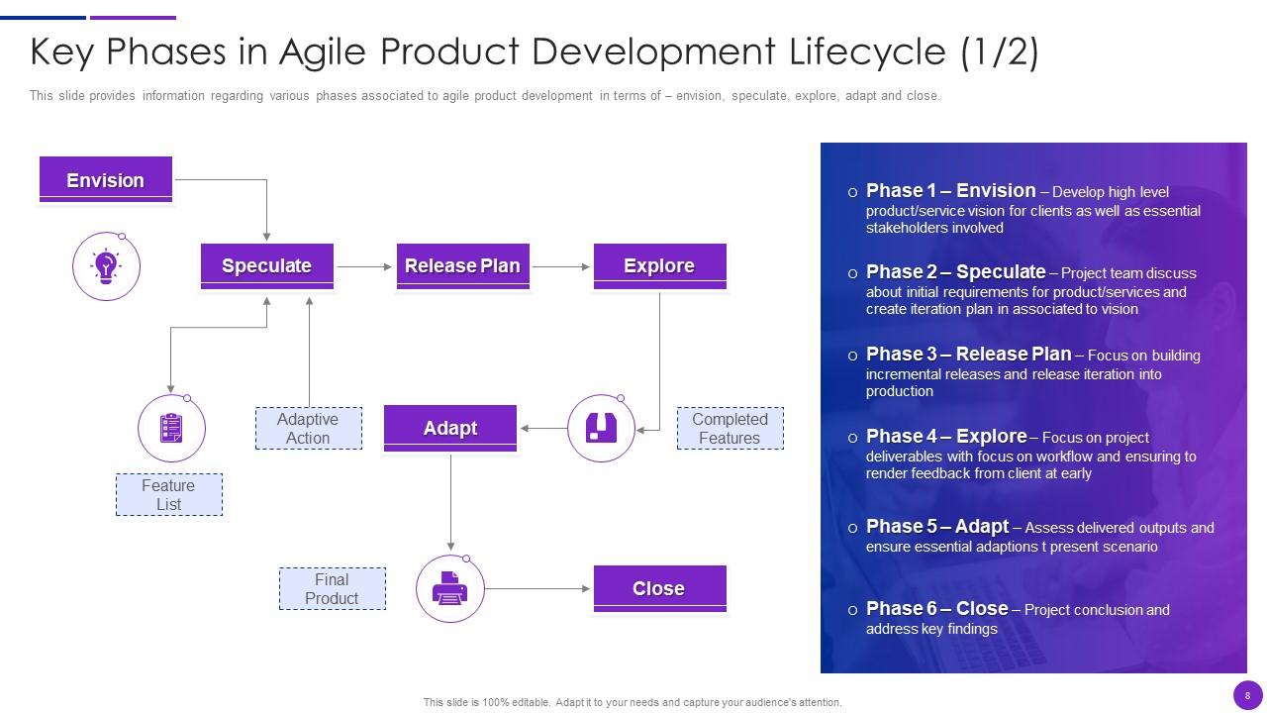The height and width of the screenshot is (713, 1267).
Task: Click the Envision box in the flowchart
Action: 105,180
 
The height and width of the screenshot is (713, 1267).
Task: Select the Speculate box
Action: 266,265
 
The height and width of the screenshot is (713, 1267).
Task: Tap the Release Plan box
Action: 462,265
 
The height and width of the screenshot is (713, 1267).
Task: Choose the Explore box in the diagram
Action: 659,265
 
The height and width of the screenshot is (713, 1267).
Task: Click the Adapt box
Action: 450,428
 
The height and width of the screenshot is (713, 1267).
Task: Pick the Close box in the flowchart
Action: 659,588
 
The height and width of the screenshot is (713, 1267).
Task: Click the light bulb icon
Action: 106,265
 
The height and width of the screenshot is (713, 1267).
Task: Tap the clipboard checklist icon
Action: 171,429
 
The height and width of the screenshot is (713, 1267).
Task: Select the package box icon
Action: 601,428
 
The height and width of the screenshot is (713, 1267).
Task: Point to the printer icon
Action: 449,589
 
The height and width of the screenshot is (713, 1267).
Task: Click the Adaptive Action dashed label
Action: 308,429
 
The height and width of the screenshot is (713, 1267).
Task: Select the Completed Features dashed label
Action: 730,429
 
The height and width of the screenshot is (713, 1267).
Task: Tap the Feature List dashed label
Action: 168,495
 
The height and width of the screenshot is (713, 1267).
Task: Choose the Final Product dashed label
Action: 332,589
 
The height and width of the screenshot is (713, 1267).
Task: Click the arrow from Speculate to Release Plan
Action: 364,266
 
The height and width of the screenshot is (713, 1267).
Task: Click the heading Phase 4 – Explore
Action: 946,437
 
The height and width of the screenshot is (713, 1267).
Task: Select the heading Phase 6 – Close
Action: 936,609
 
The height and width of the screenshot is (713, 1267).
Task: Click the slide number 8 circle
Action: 1247,695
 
